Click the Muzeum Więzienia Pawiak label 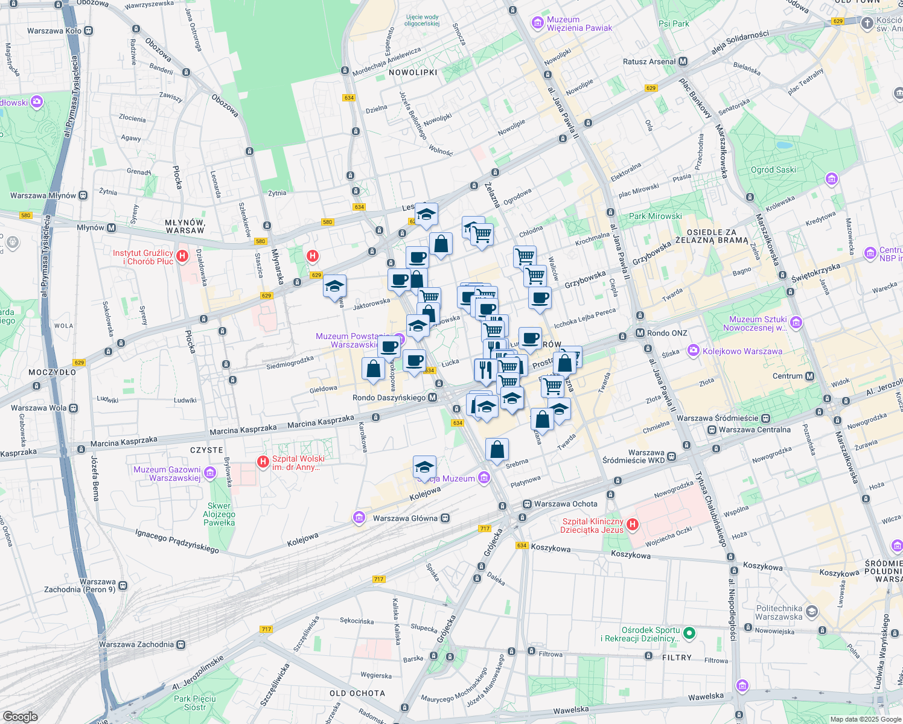click(579, 24)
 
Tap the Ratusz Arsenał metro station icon click(683, 62)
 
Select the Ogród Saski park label click(773, 170)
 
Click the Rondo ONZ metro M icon click(640, 333)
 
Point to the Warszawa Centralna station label click(755, 430)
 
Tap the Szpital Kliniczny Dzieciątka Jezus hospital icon click(632, 524)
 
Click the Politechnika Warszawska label click(779, 612)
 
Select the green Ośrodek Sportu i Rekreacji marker click(689, 633)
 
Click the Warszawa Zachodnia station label click(136, 644)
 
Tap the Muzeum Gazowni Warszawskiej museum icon click(210, 473)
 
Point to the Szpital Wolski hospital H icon click(263, 462)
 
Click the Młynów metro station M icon click(111, 227)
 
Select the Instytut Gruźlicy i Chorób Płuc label click(143, 257)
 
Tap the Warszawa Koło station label click(54, 31)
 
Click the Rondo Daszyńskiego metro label click(389, 398)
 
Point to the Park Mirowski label click(655, 216)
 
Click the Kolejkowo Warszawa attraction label click(742, 351)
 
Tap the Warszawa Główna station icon click(445, 518)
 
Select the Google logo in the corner click(20, 716)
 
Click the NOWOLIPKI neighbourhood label click(413, 72)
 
